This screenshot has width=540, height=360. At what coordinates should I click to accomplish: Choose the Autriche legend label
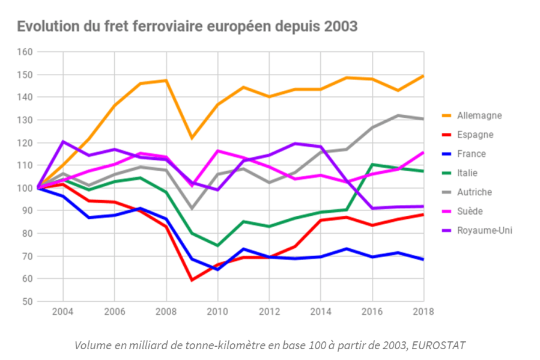478,192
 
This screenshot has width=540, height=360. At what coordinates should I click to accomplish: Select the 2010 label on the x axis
217,312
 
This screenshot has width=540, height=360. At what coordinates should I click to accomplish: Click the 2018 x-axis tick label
423,312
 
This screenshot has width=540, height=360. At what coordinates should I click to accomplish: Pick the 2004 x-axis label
62,312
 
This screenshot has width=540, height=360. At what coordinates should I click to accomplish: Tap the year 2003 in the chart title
340,27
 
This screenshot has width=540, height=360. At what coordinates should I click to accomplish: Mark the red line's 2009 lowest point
192,280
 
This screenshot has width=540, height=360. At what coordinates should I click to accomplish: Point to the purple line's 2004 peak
63,142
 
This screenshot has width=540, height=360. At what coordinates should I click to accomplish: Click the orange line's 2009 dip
192,138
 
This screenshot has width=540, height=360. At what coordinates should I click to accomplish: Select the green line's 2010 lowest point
217,246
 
